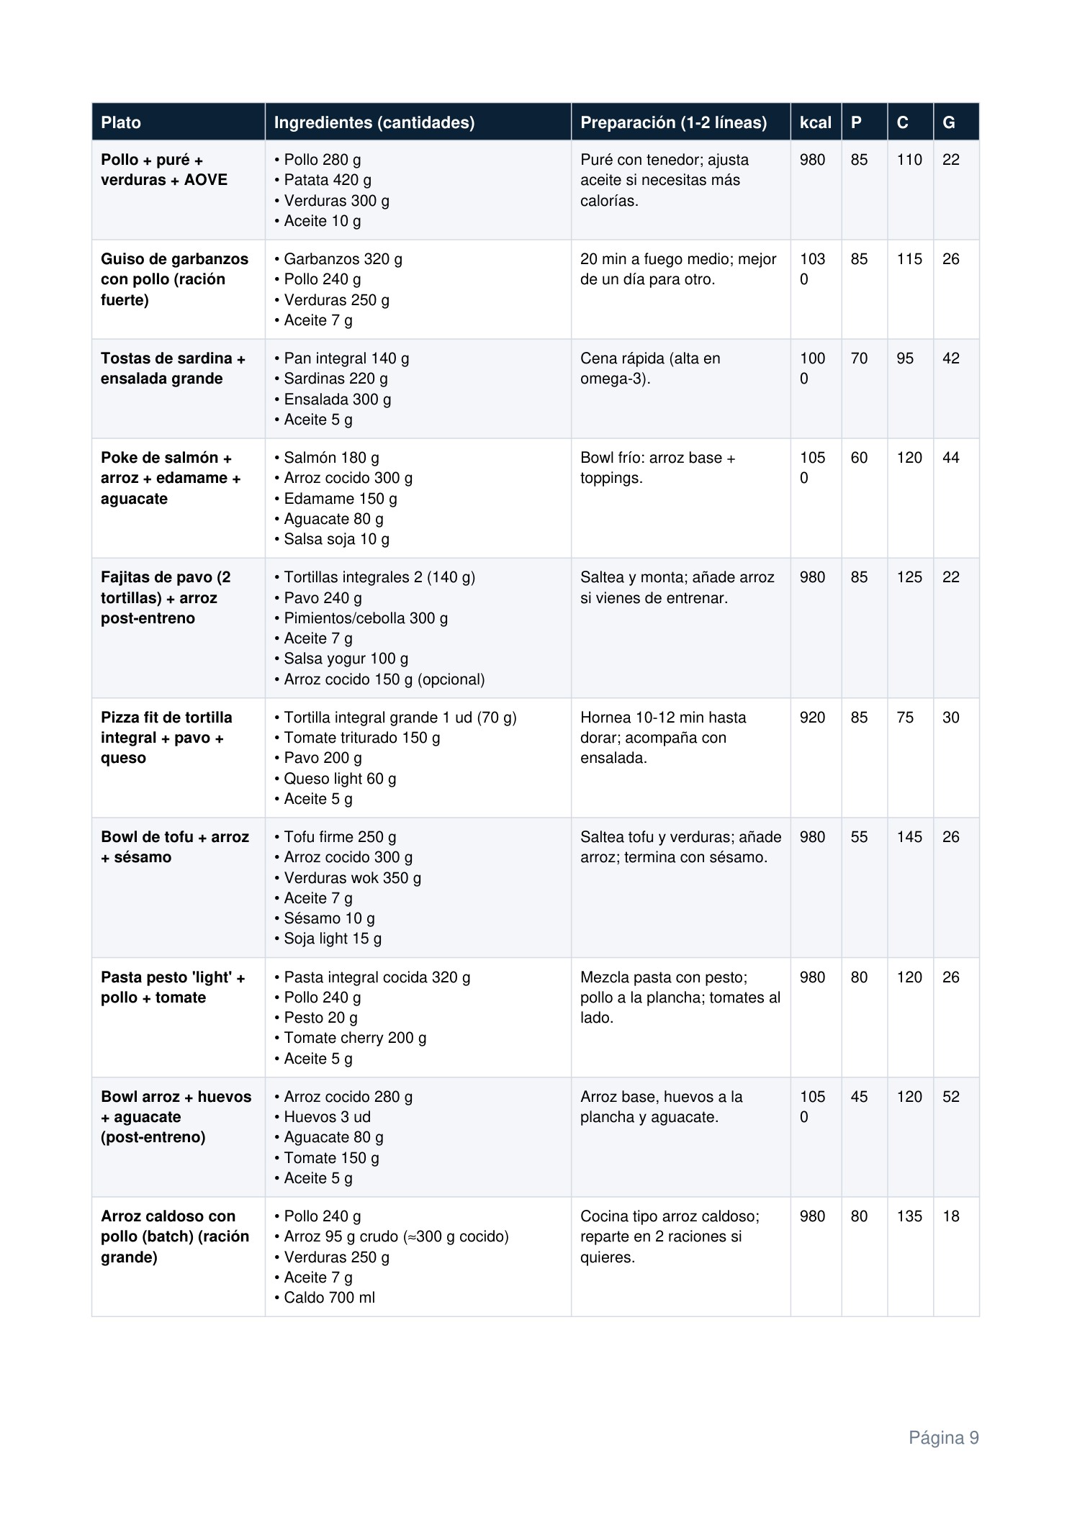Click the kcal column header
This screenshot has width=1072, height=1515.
(815, 122)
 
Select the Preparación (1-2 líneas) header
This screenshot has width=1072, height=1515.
(673, 122)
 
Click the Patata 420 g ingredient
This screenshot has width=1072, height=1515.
(327, 180)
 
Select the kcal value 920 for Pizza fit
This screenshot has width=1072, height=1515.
(812, 718)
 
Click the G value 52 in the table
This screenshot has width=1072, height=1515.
(950, 1097)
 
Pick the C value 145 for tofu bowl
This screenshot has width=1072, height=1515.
(909, 837)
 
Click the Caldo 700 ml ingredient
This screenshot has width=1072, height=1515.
(328, 1298)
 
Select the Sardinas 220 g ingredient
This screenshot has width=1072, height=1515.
(335, 379)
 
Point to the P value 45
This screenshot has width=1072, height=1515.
(859, 1097)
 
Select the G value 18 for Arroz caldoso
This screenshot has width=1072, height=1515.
(950, 1216)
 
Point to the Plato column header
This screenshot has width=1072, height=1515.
(121, 122)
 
